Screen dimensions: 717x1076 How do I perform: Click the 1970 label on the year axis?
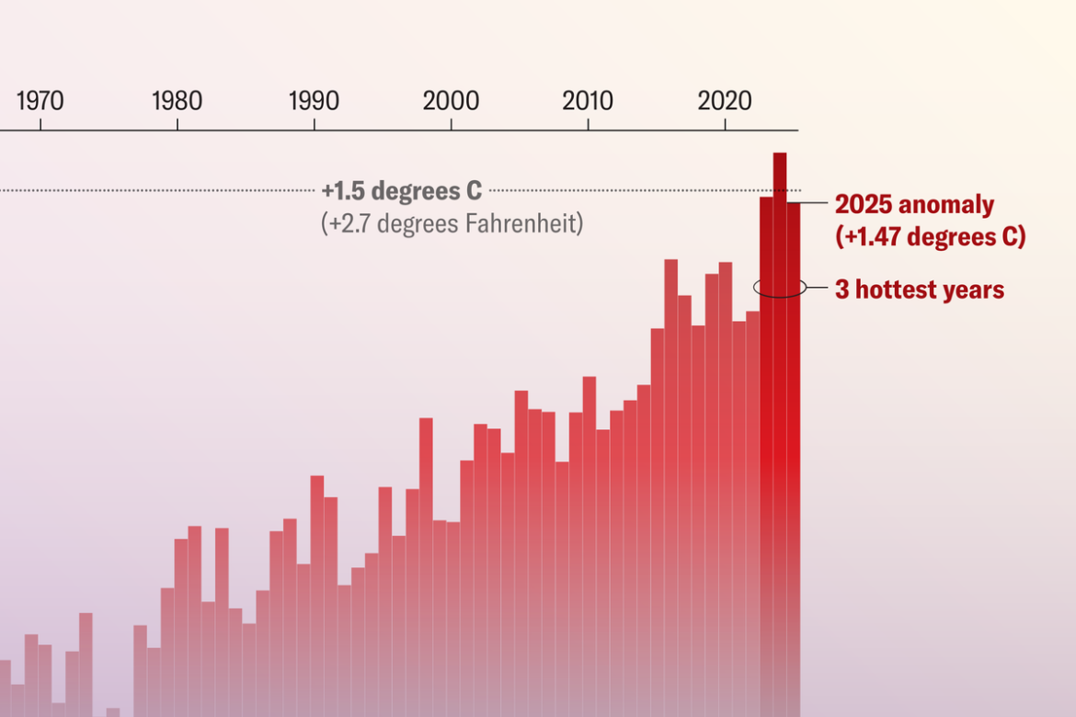coord(40,101)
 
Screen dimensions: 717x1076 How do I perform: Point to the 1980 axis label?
coord(177,101)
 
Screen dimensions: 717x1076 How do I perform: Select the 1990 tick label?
coord(314,101)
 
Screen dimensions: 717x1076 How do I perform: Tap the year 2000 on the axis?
coord(451,101)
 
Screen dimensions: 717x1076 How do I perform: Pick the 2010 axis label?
coord(588,101)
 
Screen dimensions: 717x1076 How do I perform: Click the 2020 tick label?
coord(725,101)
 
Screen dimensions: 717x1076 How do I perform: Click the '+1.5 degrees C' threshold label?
coord(401,191)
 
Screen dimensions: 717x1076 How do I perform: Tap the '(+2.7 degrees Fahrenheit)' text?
coord(452,224)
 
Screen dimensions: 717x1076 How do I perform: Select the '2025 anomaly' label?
coord(913,205)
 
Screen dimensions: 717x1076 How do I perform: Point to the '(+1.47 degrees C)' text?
coord(930,236)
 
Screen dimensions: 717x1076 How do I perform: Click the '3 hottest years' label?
coord(919,290)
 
